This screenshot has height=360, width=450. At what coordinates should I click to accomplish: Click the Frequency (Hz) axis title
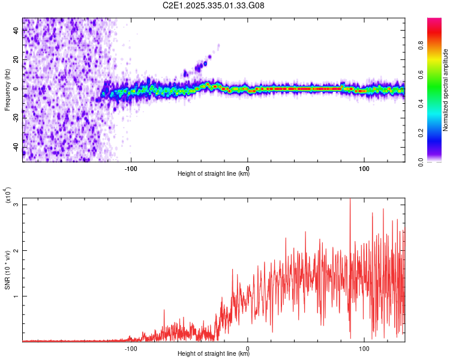pyautogui.click(x=7, y=89)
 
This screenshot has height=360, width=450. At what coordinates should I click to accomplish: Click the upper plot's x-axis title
pyautogui.click(x=214, y=174)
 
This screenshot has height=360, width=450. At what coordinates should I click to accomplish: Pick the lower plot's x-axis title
pyautogui.click(x=214, y=353)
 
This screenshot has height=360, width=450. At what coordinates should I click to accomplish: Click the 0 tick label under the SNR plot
pyautogui.click(x=248, y=347)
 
